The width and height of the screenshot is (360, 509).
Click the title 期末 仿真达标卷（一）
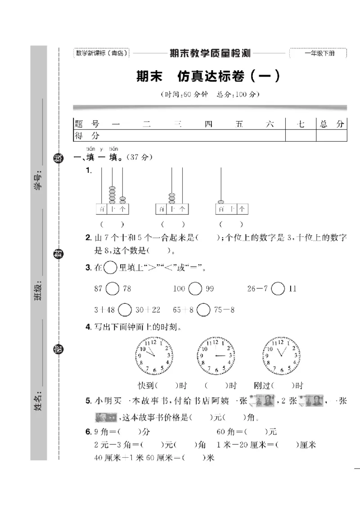coord(208,77)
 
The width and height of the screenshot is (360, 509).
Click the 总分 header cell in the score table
coord(331,124)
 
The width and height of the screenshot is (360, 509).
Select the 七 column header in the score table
coord(301,124)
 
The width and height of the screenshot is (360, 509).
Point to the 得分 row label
coord(87,135)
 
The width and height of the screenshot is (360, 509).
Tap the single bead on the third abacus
coord(221,202)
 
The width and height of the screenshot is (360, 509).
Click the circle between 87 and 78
coord(113,288)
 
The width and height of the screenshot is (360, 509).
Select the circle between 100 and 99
coord(195,288)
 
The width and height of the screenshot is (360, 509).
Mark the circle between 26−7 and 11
coord(278,288)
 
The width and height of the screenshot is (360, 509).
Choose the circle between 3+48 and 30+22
coord(125,310)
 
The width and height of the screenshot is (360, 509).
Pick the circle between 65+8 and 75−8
coord(204,310)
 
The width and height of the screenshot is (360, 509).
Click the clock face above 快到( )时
coord(153,356)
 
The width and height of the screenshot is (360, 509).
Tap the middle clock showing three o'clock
coord(216,356)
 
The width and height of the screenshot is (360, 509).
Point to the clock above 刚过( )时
coord(282,356)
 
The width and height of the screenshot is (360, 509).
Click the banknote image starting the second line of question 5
coord(106,418)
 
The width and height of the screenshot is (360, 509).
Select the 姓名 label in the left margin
coord(38,402)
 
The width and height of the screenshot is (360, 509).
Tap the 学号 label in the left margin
coord(38,180)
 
